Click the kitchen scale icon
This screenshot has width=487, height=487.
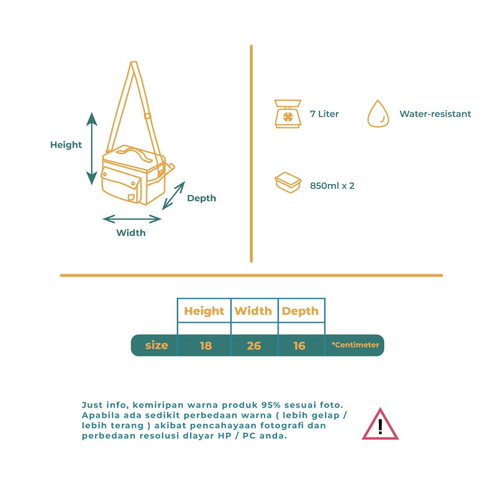click(x=287, y=114)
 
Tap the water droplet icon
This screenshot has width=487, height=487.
click(x=378, y=114)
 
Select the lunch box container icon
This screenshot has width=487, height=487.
click(x=287, y=183)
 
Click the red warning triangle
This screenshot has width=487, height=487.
click(x=380, y=425)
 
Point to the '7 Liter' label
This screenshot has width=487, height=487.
click(x=324, y=114)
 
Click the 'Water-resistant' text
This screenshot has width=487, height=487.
click(x=435, y=114)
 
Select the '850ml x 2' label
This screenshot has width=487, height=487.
click(x=332, y=186)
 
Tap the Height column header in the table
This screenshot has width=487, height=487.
click(x=204, y=311)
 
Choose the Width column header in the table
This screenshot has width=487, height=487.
click(x=253, y=311)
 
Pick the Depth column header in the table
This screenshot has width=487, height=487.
click(x=300, y=311)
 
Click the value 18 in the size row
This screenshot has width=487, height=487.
click(x=206, y=346)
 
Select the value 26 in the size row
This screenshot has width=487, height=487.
click(x=254, y=346)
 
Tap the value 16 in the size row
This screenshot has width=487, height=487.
click(x=300, y=346)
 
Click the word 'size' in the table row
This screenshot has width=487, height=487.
click(x=156, y=345)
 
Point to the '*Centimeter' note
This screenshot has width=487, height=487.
click(x=355, y=345)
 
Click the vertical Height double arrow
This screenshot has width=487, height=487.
click(x=92, y=148)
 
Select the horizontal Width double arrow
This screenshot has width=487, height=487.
click(x=131, y=219)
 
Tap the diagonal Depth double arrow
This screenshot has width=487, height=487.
click(x=174, y=195)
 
